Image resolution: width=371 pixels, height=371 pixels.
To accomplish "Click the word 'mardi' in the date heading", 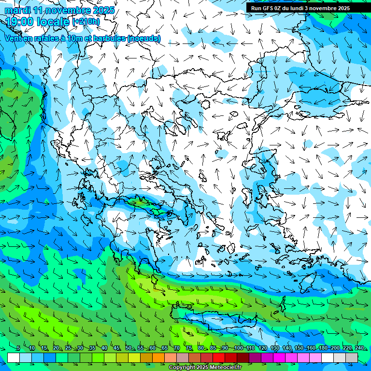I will [18, 10].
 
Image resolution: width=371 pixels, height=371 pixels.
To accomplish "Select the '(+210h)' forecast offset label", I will [86, 21].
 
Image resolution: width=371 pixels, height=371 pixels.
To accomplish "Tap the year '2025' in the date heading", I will [103, 10].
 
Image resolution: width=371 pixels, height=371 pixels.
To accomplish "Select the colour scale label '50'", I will [128, 348].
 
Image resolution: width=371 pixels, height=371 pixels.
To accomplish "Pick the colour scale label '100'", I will [238, 348].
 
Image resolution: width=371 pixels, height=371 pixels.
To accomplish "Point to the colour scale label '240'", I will [359, 348].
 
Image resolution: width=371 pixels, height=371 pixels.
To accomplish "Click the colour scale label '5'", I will [18, 348].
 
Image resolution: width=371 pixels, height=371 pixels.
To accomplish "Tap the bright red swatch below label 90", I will [219, 357].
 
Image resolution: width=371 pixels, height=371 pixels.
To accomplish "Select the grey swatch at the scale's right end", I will [352, 357].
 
